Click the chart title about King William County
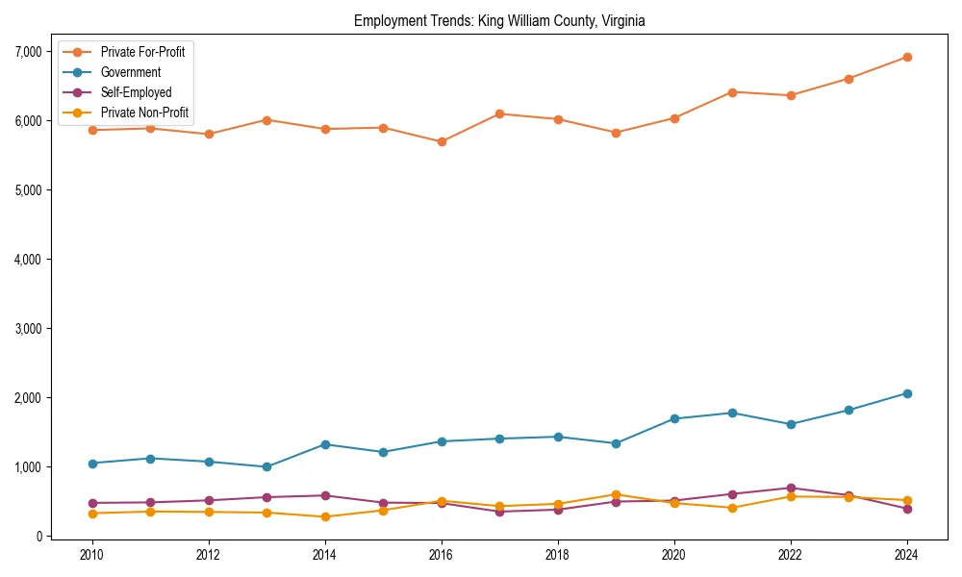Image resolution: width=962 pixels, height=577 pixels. [x=499, y=20]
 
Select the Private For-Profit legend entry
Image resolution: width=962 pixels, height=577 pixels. [x=142, y=52]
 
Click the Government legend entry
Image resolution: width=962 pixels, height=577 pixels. [x=130, y=72]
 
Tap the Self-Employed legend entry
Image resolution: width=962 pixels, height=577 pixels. [x=136, y=93]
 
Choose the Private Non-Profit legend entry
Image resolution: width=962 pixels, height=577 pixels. [x=144, y=113]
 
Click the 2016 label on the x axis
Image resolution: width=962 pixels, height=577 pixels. [x=442, y=555]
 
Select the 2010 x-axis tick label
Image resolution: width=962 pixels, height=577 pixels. [x=92, y=555]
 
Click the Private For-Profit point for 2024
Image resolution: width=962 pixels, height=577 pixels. [x=907, y=57]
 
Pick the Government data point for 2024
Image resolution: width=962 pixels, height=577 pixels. [x=907, y=393]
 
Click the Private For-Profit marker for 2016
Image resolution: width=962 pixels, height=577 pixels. [x=442, y=141]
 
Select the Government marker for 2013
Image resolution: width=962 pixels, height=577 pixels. [x=266, y=466]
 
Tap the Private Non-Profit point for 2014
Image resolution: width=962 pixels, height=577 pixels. [x=325, y=516]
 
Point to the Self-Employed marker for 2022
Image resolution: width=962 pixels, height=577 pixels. [x=791, y=488]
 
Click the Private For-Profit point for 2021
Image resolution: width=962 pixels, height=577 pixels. [x=732, y=92]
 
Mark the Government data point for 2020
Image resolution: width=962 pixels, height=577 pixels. [x=674, y=418]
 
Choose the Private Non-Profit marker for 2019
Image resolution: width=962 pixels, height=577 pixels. [x=616, y=494]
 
